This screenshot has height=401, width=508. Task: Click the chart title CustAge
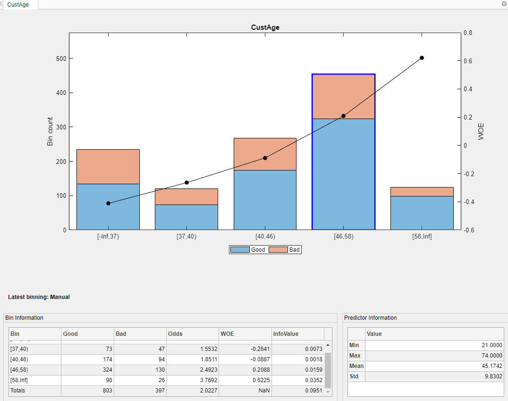coord(265,27)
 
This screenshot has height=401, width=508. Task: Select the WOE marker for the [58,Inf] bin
coord(422,58)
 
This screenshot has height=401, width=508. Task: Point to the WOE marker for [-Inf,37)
coord(108,203)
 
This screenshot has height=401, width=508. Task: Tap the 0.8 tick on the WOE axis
coord(468,33)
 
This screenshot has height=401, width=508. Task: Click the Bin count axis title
coord(50,131)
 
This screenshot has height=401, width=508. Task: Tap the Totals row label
coord(18,391)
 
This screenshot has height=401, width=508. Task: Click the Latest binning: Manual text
coord(39,297)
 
